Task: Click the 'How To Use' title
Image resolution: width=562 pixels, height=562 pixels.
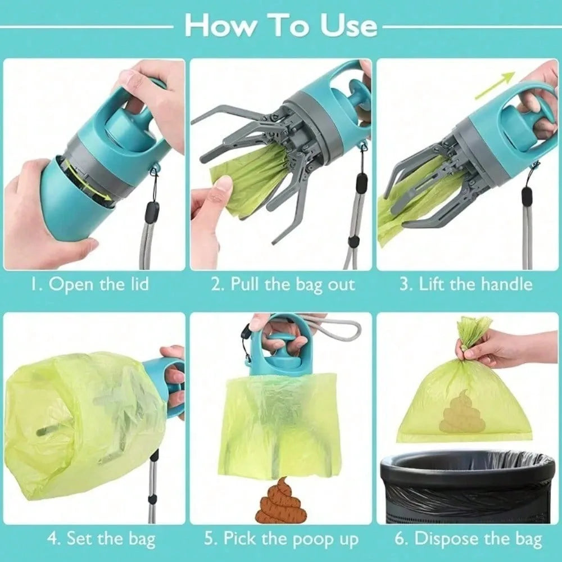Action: coord(281,25)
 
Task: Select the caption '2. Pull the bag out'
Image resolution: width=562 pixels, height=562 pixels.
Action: coord(283,284)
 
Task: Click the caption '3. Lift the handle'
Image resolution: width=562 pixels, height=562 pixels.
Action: coord(466,284)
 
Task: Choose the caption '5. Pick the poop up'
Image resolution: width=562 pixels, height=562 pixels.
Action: coord(281,540)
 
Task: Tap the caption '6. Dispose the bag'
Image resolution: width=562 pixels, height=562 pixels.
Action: coord(468,540)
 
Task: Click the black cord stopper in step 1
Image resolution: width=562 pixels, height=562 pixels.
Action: coord(152,212)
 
